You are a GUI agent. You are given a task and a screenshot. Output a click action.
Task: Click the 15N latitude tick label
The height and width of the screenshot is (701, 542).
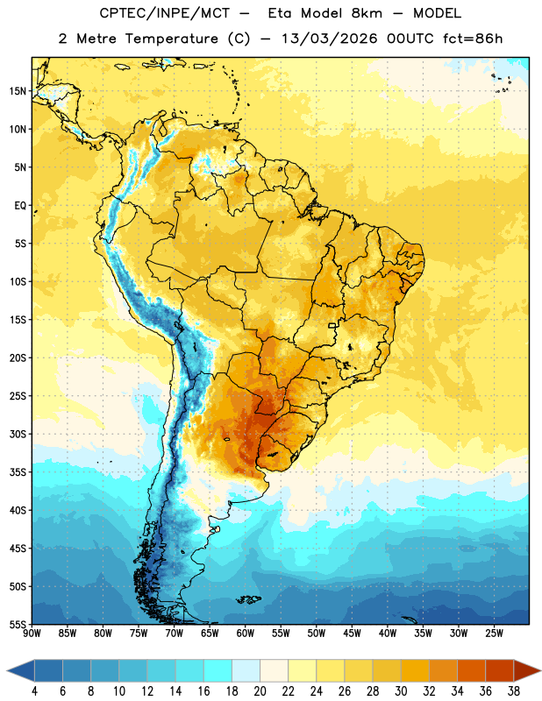point(17,91)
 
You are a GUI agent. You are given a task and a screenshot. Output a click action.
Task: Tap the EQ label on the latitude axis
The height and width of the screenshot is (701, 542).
point(20,206)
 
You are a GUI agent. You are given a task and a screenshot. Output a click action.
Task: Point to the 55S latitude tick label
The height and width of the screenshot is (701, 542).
point(17,624)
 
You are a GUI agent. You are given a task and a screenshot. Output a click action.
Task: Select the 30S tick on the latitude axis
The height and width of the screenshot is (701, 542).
point(17,434)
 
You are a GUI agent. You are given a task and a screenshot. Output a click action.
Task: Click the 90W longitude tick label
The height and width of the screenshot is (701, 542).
point(32,633)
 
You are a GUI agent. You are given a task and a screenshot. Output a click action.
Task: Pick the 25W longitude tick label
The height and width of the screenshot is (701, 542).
point(494,633)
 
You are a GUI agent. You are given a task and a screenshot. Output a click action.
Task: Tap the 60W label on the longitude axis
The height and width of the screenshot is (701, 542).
point(246,633)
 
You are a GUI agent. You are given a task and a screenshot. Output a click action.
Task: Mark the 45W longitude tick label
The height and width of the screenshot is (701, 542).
point(352,633)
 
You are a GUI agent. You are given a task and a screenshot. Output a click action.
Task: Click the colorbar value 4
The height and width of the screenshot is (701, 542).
point(34,691)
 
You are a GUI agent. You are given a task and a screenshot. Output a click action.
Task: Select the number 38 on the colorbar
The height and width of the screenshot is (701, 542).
point(514,691)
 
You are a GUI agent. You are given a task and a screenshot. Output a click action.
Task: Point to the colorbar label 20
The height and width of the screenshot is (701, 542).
point(260,691)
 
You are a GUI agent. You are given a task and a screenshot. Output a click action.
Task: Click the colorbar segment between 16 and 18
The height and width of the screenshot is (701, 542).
point(218,671)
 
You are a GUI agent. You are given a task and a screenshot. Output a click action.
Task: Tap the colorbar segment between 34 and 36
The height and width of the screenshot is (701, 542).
point(472,671)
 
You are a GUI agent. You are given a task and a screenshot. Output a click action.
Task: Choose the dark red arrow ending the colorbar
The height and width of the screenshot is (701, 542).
point(526,671)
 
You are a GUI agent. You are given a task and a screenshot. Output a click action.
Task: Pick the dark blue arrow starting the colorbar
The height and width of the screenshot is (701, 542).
point(21,671)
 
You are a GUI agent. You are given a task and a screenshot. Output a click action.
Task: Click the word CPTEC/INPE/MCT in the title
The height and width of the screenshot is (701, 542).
point(165,13)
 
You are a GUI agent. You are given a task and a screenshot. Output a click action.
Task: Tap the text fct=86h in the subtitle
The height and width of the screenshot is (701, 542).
point(473,39)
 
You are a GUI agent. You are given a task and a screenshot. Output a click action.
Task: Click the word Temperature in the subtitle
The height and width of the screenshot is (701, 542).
point(172,39)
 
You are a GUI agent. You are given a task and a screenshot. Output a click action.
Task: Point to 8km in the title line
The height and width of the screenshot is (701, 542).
point(367,13)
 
